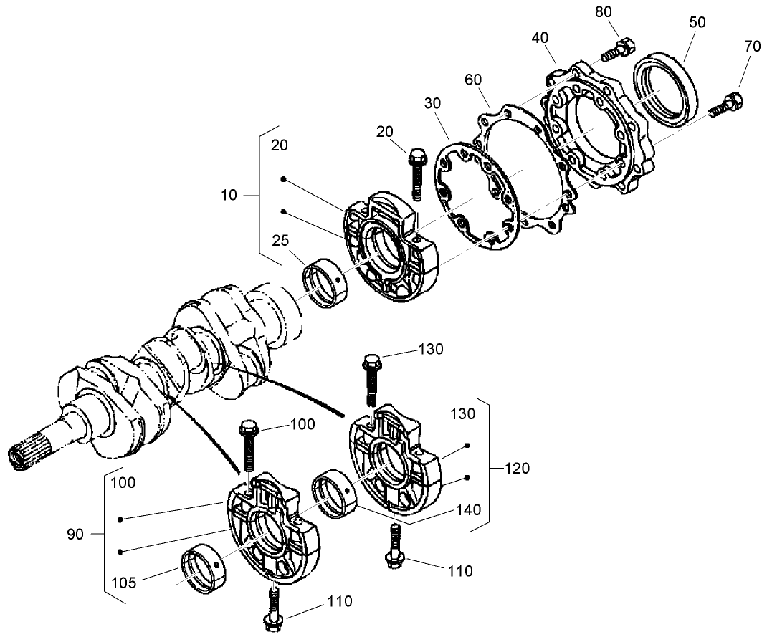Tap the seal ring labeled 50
pos(666,86)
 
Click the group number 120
pos(516,469)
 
